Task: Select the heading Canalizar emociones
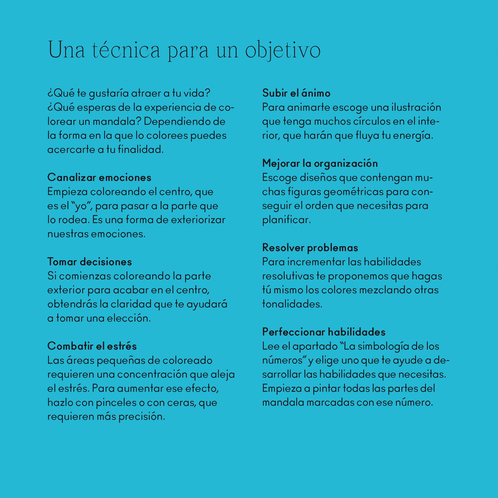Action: (x=99, y=178)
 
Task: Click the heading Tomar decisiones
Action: (x=89, y=262)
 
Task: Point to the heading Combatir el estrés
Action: (x=92, y=346)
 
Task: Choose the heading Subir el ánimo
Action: (x=296, y=93)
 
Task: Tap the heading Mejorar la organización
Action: (x=320, y=163)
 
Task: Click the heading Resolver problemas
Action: (x=310, y=248)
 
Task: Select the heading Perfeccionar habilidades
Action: (x=324, y=332)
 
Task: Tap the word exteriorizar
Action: (x=198, y=220)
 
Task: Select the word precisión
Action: (x=141, y=417)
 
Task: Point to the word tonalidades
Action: (x=292, y=304)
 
